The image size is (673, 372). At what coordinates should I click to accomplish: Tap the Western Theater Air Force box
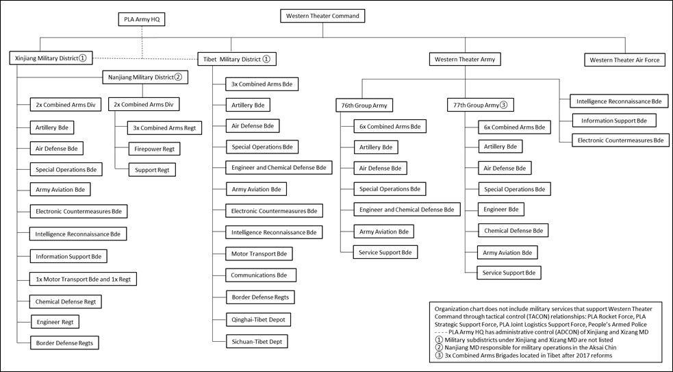point(625,60)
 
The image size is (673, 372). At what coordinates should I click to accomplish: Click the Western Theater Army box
point(464,60)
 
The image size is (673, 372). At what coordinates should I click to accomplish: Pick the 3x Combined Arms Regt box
point(165,127)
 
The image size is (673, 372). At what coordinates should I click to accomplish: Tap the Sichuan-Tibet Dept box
point(259,340)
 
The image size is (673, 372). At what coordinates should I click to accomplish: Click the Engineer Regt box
point(55,321)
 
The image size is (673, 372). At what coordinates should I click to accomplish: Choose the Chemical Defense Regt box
point(66,301)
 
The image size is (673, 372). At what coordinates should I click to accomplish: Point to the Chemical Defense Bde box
point(513,231)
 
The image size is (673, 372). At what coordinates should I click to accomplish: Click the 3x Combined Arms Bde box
point(262,84)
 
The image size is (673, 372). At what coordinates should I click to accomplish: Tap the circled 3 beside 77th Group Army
point(503,105)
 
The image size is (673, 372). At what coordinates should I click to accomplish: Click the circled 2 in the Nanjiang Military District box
point(177,77)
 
